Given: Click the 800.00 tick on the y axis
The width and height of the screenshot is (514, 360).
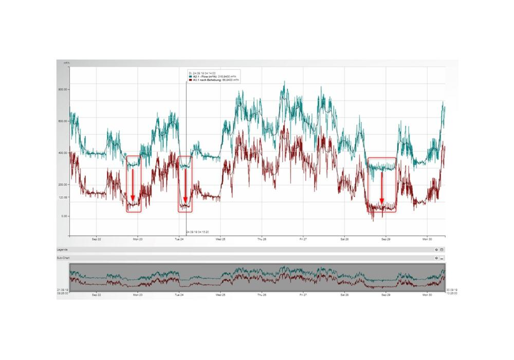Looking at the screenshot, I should tap(64, 89).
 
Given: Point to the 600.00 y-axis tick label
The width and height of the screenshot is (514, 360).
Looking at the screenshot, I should tap(64, 121).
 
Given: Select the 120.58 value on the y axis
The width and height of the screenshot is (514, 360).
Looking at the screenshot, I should tap(64, 197).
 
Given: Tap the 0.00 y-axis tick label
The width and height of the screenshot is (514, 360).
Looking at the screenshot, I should tap(65, 217).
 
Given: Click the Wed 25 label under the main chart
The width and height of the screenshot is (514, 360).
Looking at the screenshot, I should tap(221, 239).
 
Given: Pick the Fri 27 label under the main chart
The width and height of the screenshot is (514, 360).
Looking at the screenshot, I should tap(303, 239).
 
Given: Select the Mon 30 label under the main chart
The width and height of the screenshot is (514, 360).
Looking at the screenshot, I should tap(427, 239).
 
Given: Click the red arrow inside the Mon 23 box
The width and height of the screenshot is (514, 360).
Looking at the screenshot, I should tap(132, 185).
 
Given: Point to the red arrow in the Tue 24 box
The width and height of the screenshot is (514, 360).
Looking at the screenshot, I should tap(185, 185).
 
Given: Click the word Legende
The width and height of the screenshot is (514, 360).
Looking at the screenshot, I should tap(62, 249).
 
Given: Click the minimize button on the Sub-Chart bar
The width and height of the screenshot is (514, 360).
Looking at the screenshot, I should tap(442, 258).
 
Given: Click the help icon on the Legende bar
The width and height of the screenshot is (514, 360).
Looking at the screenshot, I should tap(436, 249).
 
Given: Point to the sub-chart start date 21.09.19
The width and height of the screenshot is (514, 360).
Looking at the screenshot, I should tap(63, 290).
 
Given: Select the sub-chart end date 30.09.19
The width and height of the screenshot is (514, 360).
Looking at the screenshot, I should tap(452, 290).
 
